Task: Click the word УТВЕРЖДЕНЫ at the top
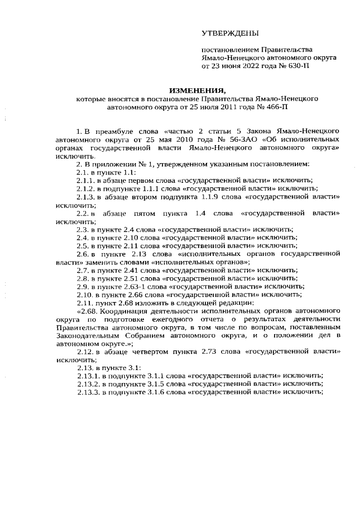[230, 34]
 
